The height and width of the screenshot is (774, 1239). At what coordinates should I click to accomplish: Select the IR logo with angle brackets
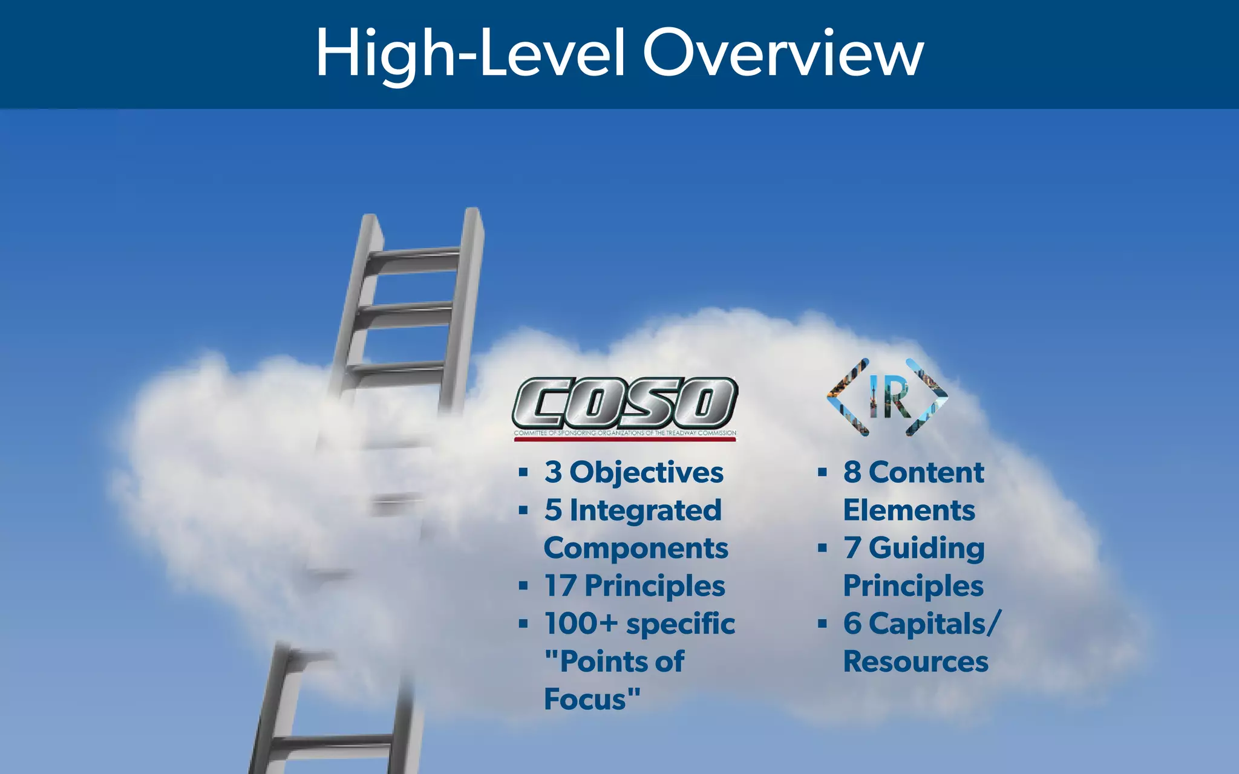[888, 397]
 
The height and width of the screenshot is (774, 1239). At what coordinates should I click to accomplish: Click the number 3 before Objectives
[553, 472]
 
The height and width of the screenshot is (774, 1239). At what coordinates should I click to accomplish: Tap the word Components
[636, 548]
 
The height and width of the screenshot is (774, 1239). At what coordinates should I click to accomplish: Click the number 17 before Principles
[560, 586]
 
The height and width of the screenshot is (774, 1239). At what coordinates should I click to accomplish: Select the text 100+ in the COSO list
[581, 623]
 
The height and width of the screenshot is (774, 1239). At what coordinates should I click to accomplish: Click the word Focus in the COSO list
[585, 699]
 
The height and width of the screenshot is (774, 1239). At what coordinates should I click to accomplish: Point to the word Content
[926, 472]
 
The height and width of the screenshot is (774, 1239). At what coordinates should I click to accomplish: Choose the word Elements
[909, 510]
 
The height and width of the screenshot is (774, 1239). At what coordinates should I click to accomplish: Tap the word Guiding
[926, 548]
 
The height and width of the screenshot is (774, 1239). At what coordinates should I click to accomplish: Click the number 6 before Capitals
[852, 623]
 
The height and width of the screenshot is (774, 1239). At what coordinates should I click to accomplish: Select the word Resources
[915, 662]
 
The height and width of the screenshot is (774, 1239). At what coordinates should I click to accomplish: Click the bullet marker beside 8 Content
[822, 472]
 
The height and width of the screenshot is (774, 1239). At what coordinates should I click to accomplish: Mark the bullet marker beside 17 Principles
[523, 586]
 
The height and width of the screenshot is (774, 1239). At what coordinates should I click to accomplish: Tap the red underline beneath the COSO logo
[625, 440]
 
